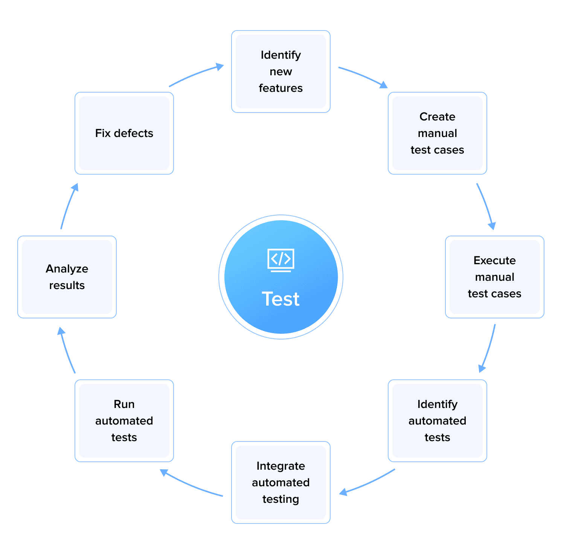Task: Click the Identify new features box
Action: pos(280,72)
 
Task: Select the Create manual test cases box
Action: pos(437,133)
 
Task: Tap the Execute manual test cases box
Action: pos(494,277)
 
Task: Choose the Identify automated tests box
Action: pos(437,421)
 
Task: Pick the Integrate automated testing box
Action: pos(280,482)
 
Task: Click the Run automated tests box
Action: pos(124,421)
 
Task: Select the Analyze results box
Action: pos(67,277)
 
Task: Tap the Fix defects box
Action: pos(124,133)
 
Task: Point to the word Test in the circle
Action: pos(280,299)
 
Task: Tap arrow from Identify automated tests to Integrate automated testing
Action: pos(367,483)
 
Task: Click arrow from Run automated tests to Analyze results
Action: pos(67,350)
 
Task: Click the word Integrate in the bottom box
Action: pos(280,466)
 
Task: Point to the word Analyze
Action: pos(67,269)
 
